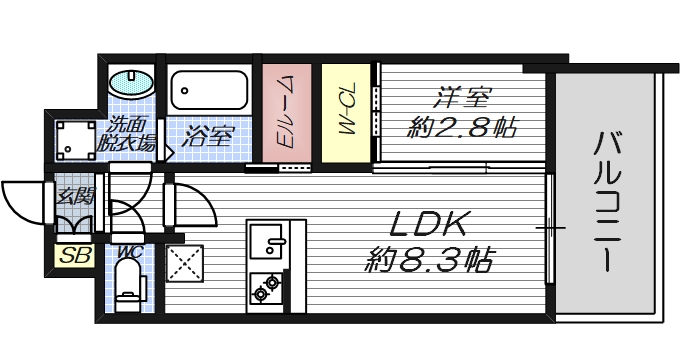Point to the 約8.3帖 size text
[x=427, y=262]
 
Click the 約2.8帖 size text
[x=461, y=127]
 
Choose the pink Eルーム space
[x=284, y=111]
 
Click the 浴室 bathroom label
[x=208, y=135]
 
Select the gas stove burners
[x=267, y=288]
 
